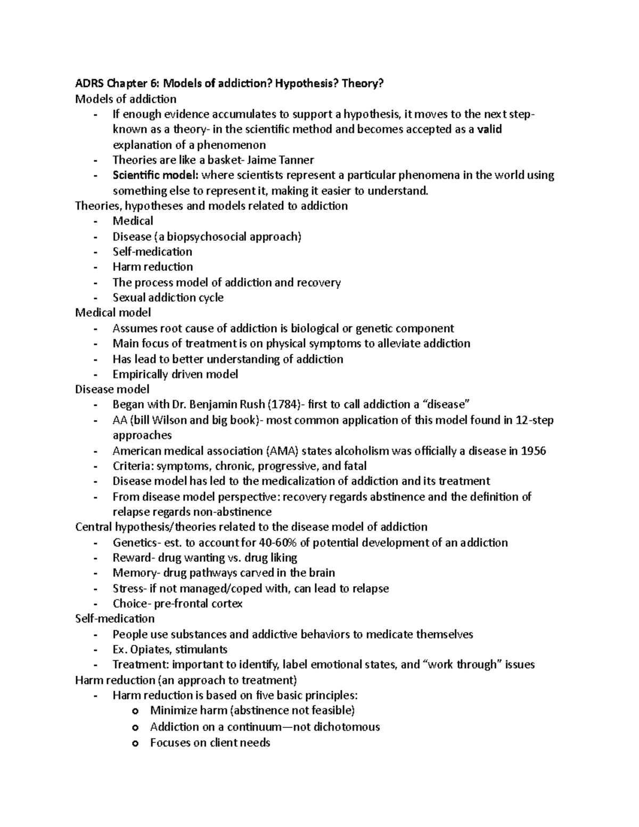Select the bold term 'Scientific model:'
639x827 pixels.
(x=155, y=175)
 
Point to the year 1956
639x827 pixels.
(x=533, y=451)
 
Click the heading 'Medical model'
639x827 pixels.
(x=113, y=313)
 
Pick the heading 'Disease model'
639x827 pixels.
(x=112, y=389)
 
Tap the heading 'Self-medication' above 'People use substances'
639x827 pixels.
(x=115, y=619)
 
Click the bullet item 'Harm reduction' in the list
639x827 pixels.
(x=152, y=267)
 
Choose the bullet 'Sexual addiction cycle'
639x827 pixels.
(x=168, y=298)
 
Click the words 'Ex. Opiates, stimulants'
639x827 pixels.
(x=170, y=650)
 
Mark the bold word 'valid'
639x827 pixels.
(x=489, y=129)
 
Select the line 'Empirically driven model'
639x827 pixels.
(x=175, y=374)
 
